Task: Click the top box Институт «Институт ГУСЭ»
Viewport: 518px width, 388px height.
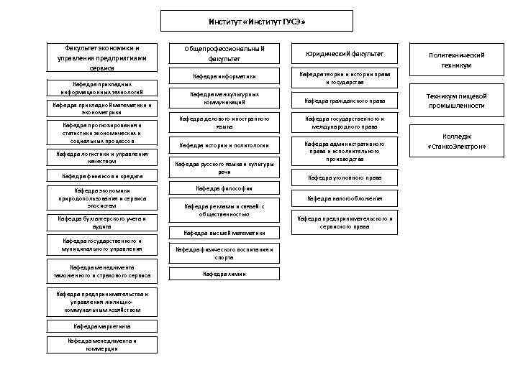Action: pyautogui.click(x=258, y=22)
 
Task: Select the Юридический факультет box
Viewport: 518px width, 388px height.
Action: pyautogui.click(x=345, y=54)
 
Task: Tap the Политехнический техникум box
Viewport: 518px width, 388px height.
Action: pyautogui.click(x=456, y=60)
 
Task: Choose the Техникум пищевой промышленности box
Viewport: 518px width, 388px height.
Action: pyautogui.click(x=456, y=101)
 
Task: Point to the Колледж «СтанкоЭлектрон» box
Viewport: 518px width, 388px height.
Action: pyautogui.click(x=456, y=142)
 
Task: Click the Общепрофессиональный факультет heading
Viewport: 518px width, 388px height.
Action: pyautogui.click(x=224, y=54)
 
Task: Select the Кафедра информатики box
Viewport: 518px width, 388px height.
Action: pyautogui.click(x=224, y=77)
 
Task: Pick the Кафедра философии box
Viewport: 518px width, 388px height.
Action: pyautogui.click(x=224, y=188)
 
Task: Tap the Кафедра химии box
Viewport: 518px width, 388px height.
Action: pyautogui.click(x=224, y=274)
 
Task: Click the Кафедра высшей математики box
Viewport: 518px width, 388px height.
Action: pyautogui.click(x=224, y=233)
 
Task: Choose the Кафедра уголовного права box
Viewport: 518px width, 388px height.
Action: pyautogui.click(x=345, y=177)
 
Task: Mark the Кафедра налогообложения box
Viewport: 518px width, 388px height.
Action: pyautogui.click(x=345, y=198)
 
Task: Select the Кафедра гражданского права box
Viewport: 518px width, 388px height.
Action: pyautogui.click(x=345, y=101)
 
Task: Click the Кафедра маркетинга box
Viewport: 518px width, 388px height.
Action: pyautogui.click(x=101, y=325)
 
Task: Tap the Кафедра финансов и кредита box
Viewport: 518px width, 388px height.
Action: pyautogui.click(x=101, y=176)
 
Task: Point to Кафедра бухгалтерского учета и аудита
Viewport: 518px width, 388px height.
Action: pyautogui.click(x=101, y=222)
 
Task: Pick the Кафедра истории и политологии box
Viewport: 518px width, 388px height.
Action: pyautogui.click(x=224, y=145)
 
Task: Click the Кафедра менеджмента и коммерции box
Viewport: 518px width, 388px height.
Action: pyautogui.click(x=101, y=345)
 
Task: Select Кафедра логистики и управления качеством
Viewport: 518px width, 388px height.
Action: pyautogui.click(x=101, y=157)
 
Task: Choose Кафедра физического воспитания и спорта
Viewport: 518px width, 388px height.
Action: pyautogui.click(x=224, y=252)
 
